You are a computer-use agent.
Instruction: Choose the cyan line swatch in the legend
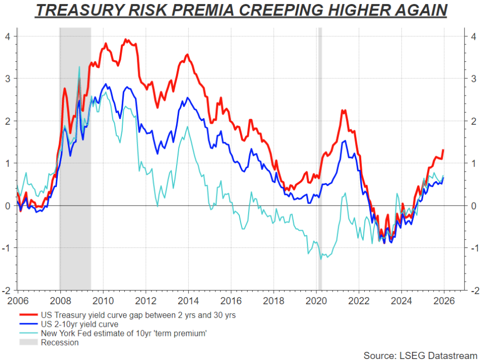[29, 334]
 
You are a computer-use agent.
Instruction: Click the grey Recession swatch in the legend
[29, 343]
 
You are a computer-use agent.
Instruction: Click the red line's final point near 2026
[443, 150]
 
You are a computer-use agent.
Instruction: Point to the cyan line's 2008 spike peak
[79, 67]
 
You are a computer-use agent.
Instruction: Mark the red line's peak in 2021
[343, 110]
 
